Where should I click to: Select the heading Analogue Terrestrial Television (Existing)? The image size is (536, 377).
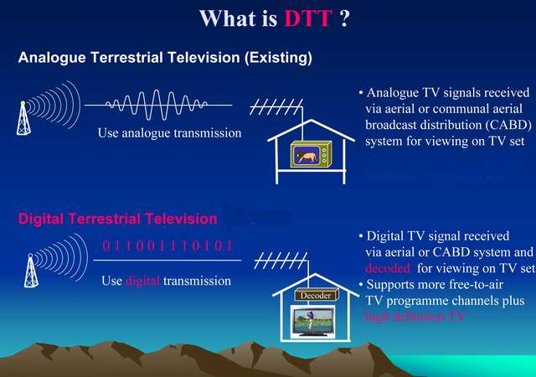point(165,59)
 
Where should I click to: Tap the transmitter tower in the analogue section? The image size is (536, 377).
point(23,118)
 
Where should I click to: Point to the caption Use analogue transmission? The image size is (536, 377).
point(169,133)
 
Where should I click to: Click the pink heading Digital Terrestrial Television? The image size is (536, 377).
point(117,219)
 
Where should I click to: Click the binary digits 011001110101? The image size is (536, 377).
point(167,246)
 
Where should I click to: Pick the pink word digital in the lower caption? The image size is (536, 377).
point(143,281)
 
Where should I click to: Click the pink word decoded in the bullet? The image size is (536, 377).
point(388,269)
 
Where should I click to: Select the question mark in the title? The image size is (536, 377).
point(344,18)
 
